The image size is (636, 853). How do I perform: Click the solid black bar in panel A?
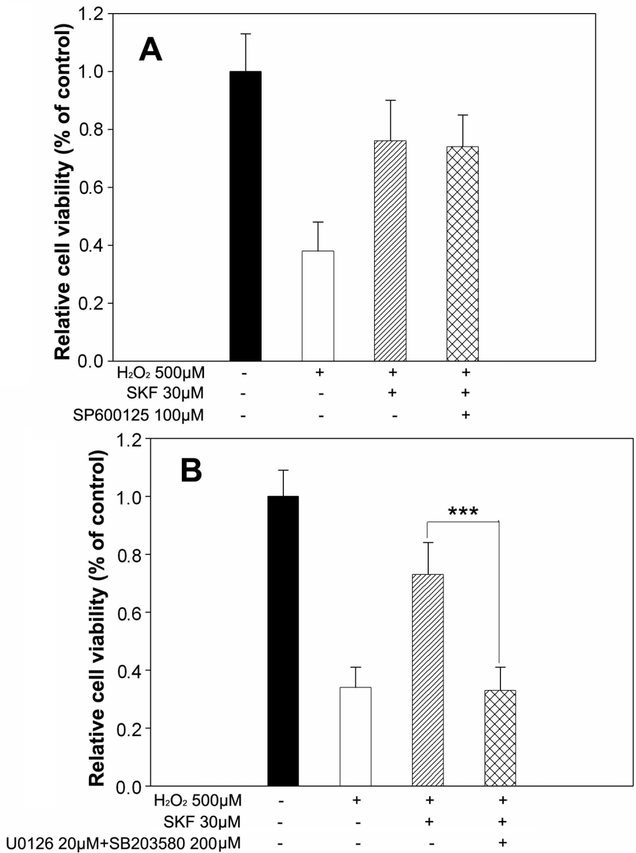pos(245,216)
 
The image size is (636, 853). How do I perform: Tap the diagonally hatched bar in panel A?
pos(390,250)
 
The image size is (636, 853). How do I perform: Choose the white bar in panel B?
pos(355,736)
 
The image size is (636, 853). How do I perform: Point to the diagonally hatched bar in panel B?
pos(428,680)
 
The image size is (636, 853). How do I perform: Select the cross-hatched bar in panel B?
pos(500,738)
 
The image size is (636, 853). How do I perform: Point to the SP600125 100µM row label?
pos(139,416)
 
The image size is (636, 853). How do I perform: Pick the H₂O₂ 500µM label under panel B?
pos(198,801)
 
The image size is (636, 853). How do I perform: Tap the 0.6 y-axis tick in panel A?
pos(91,188)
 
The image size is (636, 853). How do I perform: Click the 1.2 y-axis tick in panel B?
pos(129,440)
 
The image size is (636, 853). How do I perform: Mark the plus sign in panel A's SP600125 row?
pos(465,415)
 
